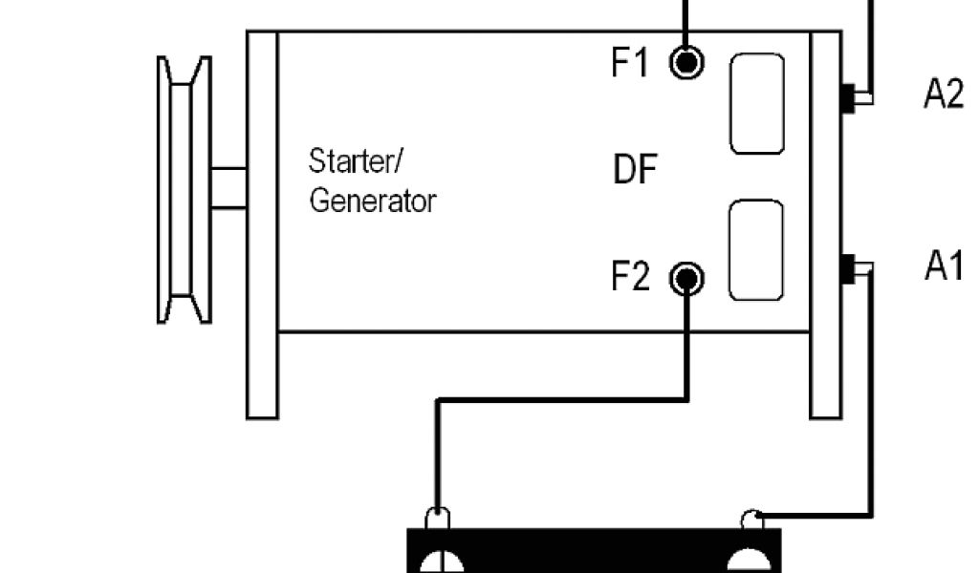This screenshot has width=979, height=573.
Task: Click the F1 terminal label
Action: tap(630, 63)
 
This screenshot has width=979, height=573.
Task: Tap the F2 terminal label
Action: tap(630, 278)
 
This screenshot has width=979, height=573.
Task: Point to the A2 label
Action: tap(943, 95)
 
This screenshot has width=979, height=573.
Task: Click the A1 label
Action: tap(943, 267)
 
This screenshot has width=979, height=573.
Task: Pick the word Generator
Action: tap(372, 201)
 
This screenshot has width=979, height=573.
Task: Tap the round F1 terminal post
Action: tap(686, 63)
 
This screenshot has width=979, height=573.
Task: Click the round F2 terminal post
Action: tap(686, 279)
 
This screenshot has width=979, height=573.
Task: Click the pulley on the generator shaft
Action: tap(185, 188)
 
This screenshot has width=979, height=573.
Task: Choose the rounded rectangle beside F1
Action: tap(757, 103)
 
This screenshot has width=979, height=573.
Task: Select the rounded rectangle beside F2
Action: tap(755, 250)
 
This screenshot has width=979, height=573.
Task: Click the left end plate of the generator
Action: tap(263, 224)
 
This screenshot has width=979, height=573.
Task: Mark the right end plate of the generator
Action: tap(826, 224)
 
